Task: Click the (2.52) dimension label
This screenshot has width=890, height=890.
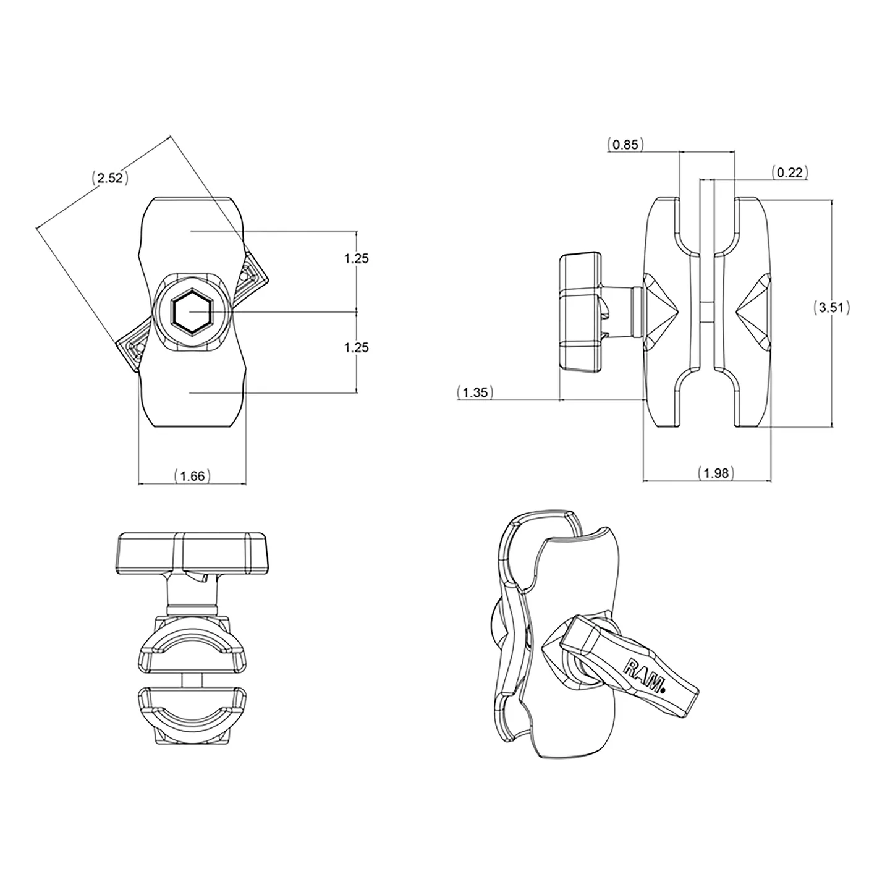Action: point(110,178)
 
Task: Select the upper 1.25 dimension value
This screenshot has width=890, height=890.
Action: point(357,258)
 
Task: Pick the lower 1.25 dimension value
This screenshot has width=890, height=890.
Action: point(357,347)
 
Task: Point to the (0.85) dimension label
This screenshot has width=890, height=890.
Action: point(625,145)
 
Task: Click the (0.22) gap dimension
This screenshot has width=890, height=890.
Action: point(790,172)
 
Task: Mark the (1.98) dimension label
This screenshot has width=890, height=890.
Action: point(716,473)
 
